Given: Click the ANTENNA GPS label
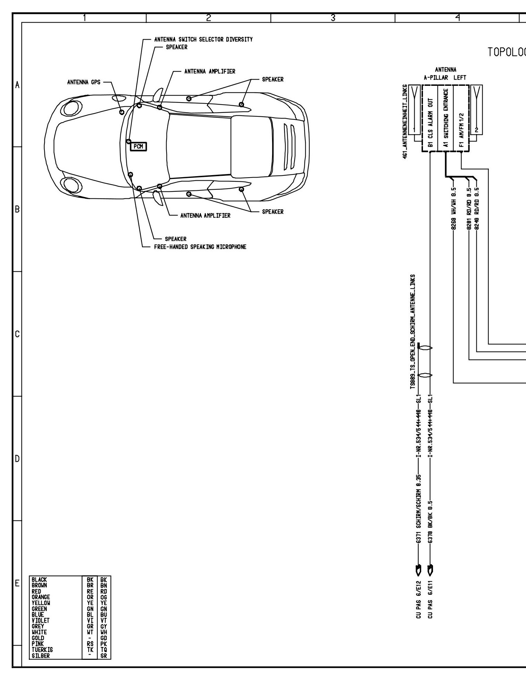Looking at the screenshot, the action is [x=84, y=83].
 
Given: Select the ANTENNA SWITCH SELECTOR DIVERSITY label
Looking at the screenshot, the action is [x=203, y=40].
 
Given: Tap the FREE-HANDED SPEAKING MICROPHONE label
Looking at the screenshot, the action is [x=200, y=247].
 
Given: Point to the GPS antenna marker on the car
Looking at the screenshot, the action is [x=122, y=112].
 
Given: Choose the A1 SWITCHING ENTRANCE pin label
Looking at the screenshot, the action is [x=446, y=118].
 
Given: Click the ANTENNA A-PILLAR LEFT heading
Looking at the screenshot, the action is [x=446, y=74].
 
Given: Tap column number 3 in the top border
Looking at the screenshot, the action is [x=332, y=17].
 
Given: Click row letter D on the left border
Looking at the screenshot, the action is [x=17, y=459].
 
